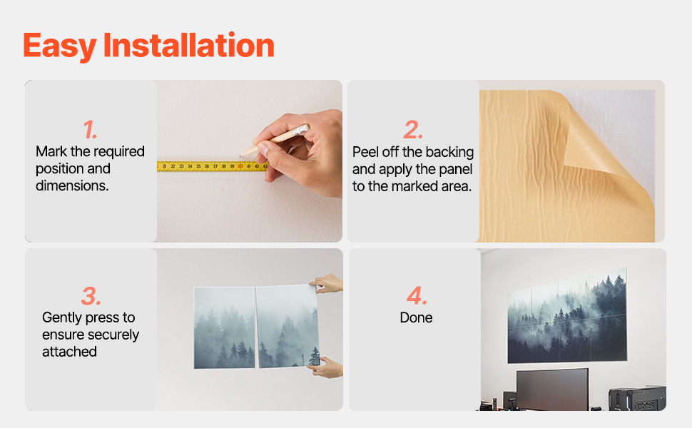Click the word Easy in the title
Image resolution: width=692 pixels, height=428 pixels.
[x=60, y=46]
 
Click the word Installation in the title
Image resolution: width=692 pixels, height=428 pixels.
[x=189, y=45]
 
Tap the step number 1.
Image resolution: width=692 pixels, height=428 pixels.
[x=90, y=130]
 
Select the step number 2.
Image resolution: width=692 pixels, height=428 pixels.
[x=413, y=130]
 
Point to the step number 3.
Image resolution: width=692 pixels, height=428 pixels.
[x=91, y=296]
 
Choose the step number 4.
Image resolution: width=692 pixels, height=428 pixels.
[x=417, y=296]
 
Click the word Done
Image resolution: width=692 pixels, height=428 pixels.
[x=416, y=317]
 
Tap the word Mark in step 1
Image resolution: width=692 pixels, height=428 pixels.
[x=51, y=151]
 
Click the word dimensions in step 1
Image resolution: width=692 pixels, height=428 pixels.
[x=72, y=185]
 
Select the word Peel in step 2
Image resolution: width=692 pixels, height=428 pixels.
[x=366, y=152]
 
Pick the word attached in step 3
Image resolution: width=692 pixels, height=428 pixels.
[x=69, y=352]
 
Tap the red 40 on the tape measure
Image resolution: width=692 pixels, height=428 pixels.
[x=240, y=166]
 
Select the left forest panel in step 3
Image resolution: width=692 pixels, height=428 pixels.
[x=225, y=327]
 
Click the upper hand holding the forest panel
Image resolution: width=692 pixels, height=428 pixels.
[x=327, y=283]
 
